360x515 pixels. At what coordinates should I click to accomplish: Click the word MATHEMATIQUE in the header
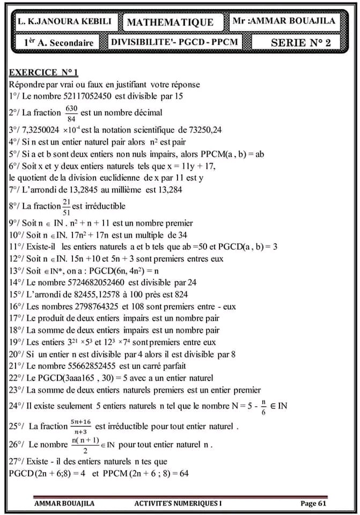[170, 22]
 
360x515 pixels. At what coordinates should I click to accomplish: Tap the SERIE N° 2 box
[300, 42]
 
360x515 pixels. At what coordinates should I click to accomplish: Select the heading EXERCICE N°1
[43, 72]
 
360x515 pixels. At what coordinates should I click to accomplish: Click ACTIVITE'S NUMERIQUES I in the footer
[178, 503]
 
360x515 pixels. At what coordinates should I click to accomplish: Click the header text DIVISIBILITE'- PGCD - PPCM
[173, 42]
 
